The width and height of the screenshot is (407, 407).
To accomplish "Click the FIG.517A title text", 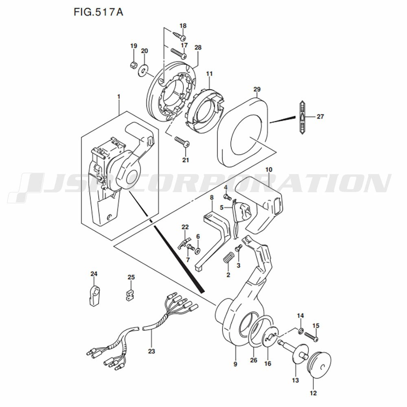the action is (98, 12).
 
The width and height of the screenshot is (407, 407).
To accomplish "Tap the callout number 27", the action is (320, 116).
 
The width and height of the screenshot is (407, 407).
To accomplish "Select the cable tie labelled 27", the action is (302, 117).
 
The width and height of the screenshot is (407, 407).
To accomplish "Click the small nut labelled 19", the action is (133, 65).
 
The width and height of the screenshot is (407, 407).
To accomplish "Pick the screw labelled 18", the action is (179, 36).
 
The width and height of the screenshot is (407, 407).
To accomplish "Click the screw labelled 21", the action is (182, 142).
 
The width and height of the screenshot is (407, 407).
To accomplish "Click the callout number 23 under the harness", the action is (151, 351).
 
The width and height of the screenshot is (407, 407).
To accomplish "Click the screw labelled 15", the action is (311, 337).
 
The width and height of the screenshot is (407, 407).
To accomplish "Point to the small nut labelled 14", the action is (301, 331).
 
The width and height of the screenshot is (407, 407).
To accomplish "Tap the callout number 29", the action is (257, 90).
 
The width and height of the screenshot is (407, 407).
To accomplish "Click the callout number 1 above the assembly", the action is (119, 97).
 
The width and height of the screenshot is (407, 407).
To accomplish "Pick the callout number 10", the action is (269, 170).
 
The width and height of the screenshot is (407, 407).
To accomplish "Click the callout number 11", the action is (209, 74).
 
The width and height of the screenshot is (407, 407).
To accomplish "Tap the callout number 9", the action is (235, 364).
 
